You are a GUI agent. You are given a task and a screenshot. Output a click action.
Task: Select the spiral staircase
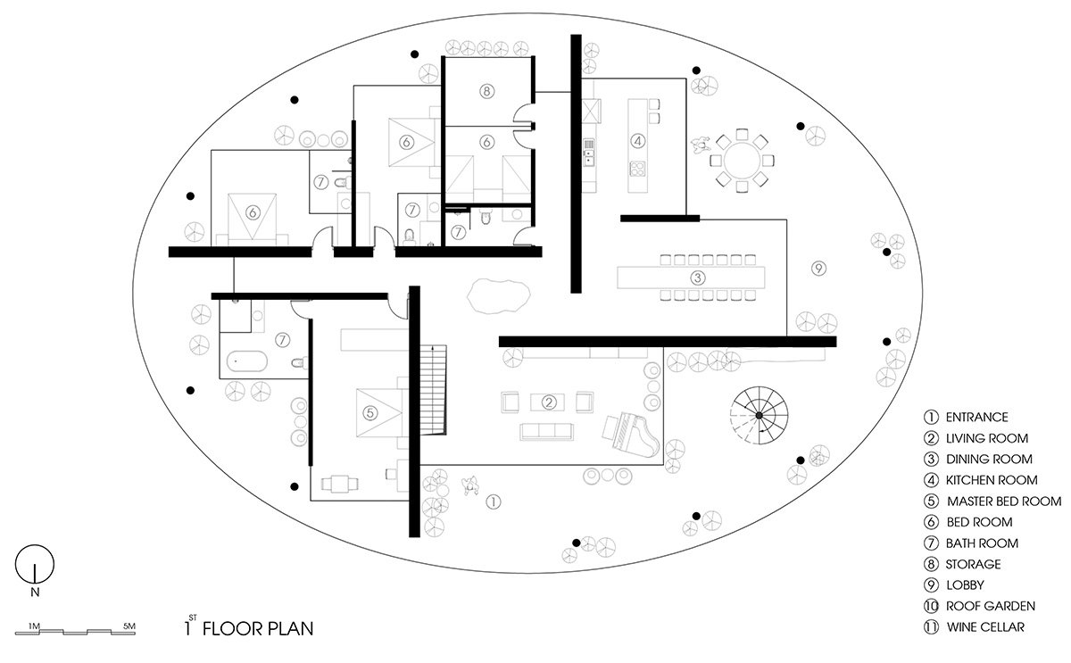[x=758, y=416]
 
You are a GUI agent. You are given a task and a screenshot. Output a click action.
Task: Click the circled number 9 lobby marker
[x=818, y=268]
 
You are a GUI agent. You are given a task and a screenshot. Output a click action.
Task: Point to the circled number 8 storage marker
[x=486, y=91]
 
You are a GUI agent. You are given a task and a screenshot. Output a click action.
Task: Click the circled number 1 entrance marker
[x=494, y=502]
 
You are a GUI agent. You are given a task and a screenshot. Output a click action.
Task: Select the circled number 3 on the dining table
[x=699, y=278]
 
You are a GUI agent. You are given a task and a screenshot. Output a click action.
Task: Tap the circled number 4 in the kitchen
[x=637, y=139]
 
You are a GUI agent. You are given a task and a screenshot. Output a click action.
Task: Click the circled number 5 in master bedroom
[x=369, y=411]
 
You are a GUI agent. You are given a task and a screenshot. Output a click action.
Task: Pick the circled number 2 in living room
[x=550, y=401]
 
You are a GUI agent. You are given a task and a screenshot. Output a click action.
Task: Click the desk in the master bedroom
[x=341, y=483]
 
